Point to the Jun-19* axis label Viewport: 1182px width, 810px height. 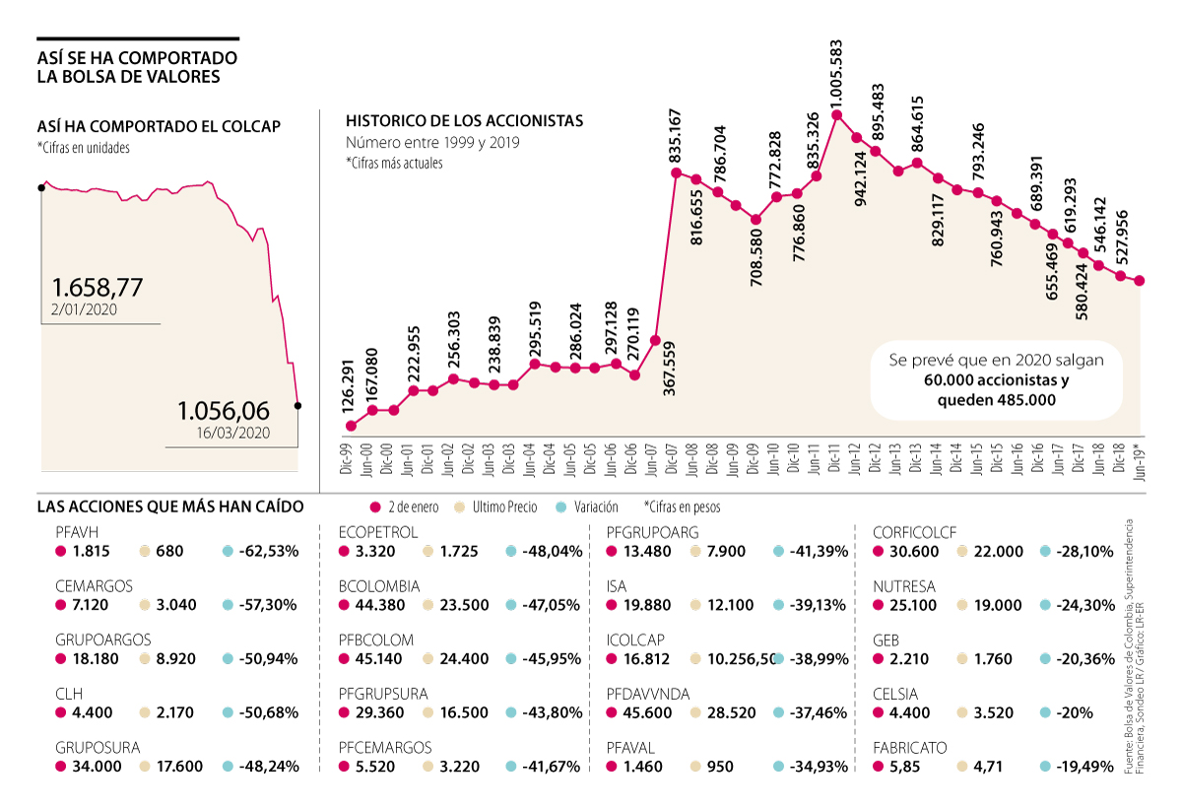click(1141, 457)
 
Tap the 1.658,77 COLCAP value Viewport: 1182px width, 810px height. click(98, 288)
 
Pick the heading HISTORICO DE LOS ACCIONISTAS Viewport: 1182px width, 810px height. click(464, 121)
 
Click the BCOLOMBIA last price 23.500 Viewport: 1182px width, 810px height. click(466, 605)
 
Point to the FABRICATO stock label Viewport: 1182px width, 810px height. click(910, 748)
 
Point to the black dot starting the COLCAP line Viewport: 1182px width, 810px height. click(40, 186)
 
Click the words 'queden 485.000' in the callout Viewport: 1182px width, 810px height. click(996, 399)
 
